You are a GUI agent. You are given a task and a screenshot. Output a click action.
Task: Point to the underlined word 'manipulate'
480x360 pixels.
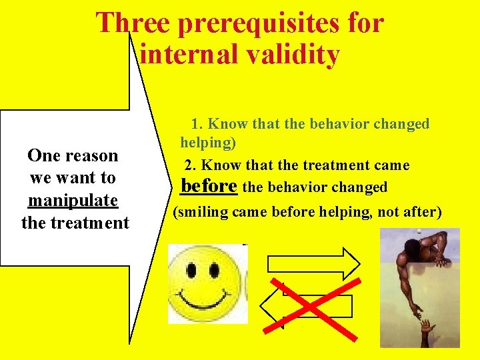[73, 200]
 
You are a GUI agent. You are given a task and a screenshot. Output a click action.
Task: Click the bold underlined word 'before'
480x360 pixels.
[209, 185]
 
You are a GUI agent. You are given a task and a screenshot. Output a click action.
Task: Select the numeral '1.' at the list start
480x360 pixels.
[197, 124]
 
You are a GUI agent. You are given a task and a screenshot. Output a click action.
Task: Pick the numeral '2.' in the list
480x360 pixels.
[191, 165]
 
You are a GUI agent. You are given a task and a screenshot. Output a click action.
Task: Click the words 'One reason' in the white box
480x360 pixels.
[73, 156]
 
